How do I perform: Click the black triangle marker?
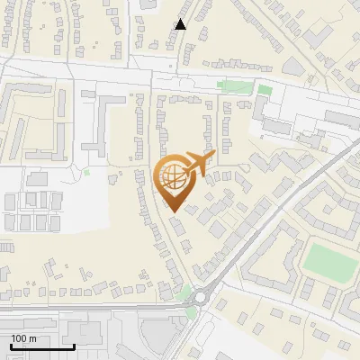181,24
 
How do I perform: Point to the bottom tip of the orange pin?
174,212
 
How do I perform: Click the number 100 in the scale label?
19,337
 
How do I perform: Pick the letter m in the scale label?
32,337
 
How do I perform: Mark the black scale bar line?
42,346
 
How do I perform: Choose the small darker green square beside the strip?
264,90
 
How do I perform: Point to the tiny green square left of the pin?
87,172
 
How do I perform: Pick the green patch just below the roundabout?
191,313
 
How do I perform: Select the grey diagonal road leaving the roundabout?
270,216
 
